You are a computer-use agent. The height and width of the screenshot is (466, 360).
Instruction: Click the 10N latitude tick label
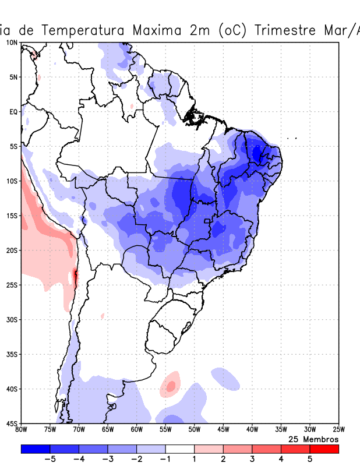(x=12, y=43)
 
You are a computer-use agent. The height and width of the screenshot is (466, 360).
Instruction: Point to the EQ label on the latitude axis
(x=13, y=111)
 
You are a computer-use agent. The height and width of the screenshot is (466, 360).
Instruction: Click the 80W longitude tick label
(x=22, y=430)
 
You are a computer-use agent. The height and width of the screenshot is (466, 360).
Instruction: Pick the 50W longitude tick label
(x=195, y=430)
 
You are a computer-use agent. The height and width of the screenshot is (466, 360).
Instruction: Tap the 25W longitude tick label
(x=338, y=430)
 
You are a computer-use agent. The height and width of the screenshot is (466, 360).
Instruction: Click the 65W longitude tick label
(x=108, y=430)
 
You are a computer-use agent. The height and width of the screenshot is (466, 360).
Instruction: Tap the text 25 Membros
(x=313, y=439)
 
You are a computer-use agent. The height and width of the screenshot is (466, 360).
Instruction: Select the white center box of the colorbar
(x=180, y=449)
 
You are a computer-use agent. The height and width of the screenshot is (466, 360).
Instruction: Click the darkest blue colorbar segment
(x=36, y=449)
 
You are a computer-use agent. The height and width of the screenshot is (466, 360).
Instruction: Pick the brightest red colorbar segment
(x=324, y=449)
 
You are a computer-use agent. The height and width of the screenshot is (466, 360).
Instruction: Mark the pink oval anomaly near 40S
(x=171, y=385)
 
